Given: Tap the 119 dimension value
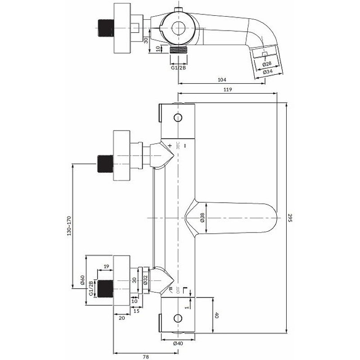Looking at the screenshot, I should click(x=227, y=90).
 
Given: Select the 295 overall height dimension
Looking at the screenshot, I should click(x=291, y=218).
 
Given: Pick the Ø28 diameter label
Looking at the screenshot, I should click(x=268, y=64).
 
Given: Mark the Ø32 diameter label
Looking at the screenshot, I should click(x=145, y=280).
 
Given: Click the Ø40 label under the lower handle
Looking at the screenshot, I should click(x=178, y=343).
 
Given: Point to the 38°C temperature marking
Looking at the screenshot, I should click(x=178, y=145).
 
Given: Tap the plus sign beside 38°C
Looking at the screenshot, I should click(x=170, y=145).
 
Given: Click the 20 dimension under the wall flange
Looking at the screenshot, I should click(x=121, y=318).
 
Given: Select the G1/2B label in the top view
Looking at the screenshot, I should click(x=178, y=68).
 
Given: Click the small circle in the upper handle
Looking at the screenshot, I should click(x=178, y=119).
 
